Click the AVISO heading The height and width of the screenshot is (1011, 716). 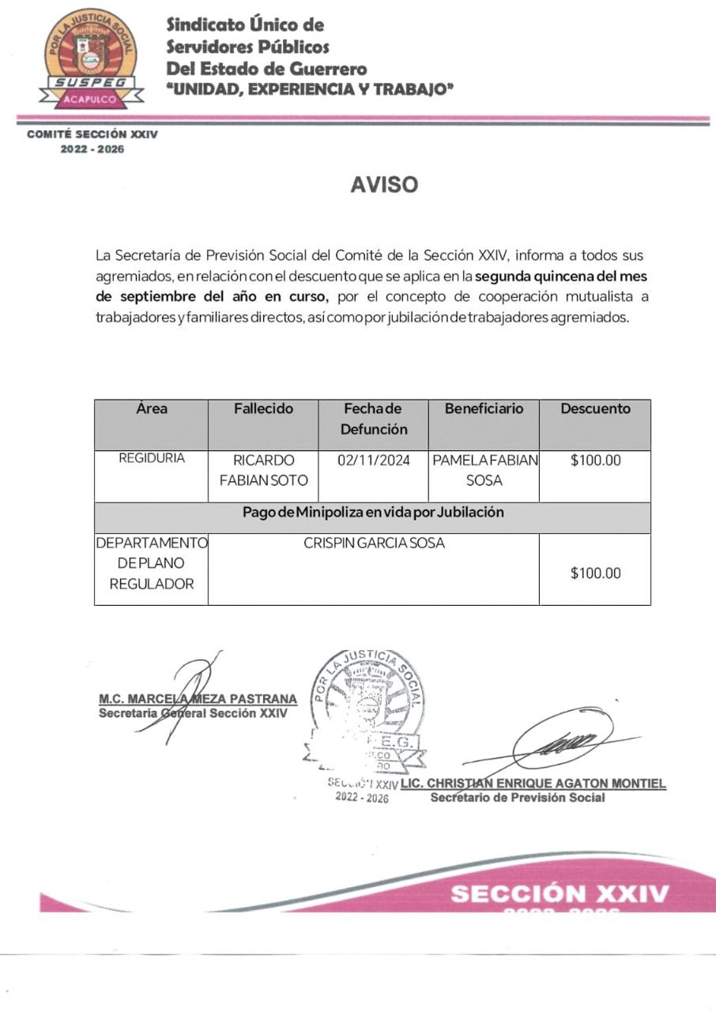(384, 185)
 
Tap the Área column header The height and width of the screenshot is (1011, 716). (152, 409)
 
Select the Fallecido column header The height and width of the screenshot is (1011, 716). (263, 409)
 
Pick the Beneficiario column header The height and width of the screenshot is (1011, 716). (484, 409)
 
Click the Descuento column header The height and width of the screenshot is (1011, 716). (595, 409)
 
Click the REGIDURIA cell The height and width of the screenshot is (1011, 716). (152, 459)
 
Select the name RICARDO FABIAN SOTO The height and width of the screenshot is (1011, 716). (263, 471)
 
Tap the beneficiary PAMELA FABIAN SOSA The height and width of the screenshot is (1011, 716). (484, 471)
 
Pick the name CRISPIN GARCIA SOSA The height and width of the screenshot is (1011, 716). (374, 544)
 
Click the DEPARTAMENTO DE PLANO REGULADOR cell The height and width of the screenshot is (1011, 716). (152, 564)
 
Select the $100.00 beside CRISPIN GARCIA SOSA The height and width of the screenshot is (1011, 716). (595, 573)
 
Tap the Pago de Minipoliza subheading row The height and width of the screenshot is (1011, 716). (373, 512)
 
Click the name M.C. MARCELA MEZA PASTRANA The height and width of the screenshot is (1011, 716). (198, 699)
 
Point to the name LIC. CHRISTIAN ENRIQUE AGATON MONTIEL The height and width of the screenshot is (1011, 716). (533, 784)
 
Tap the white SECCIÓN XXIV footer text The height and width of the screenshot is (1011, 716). (560, 894)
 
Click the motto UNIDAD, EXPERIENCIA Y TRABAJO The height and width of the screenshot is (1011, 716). (311, 90)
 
